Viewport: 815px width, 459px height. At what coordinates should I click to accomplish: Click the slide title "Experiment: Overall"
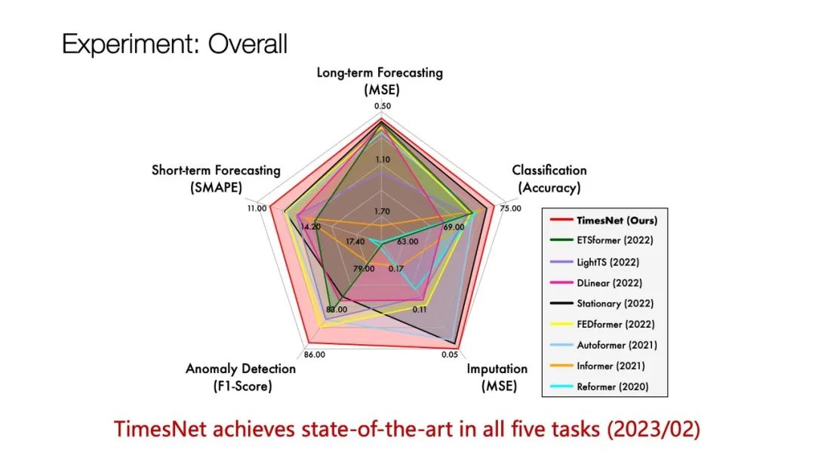coord(174,44)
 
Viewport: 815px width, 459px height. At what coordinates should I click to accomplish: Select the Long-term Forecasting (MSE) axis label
coord(380,81)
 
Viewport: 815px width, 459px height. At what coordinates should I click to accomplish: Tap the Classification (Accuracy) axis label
coord(549,179)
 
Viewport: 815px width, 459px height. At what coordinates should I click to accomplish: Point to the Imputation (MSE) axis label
coord(497,377)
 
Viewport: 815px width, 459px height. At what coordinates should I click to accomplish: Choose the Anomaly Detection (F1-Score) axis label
coord(241,377)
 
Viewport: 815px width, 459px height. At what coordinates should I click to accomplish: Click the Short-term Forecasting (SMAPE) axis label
coord(217,179)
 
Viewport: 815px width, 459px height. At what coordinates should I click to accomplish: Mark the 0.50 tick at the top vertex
coord(383,106)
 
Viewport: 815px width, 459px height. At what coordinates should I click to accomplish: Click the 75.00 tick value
coord(510,208)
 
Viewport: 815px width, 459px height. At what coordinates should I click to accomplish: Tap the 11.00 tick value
coord(257,208)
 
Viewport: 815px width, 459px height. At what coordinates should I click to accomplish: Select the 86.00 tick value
coord(315,355)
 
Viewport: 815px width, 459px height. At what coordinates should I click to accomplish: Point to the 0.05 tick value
coord(450,355)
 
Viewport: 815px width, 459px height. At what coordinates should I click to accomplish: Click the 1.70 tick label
coord(382,211)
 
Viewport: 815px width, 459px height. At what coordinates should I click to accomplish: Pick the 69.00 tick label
coord(454,227)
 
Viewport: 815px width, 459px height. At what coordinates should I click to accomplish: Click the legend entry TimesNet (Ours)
coord(604,220)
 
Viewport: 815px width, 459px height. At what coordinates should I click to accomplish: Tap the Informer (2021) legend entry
coord(597,366)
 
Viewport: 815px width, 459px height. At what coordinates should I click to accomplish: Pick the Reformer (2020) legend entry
coord(599,387)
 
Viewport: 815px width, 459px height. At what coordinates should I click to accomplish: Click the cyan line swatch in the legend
coord(561,387)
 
